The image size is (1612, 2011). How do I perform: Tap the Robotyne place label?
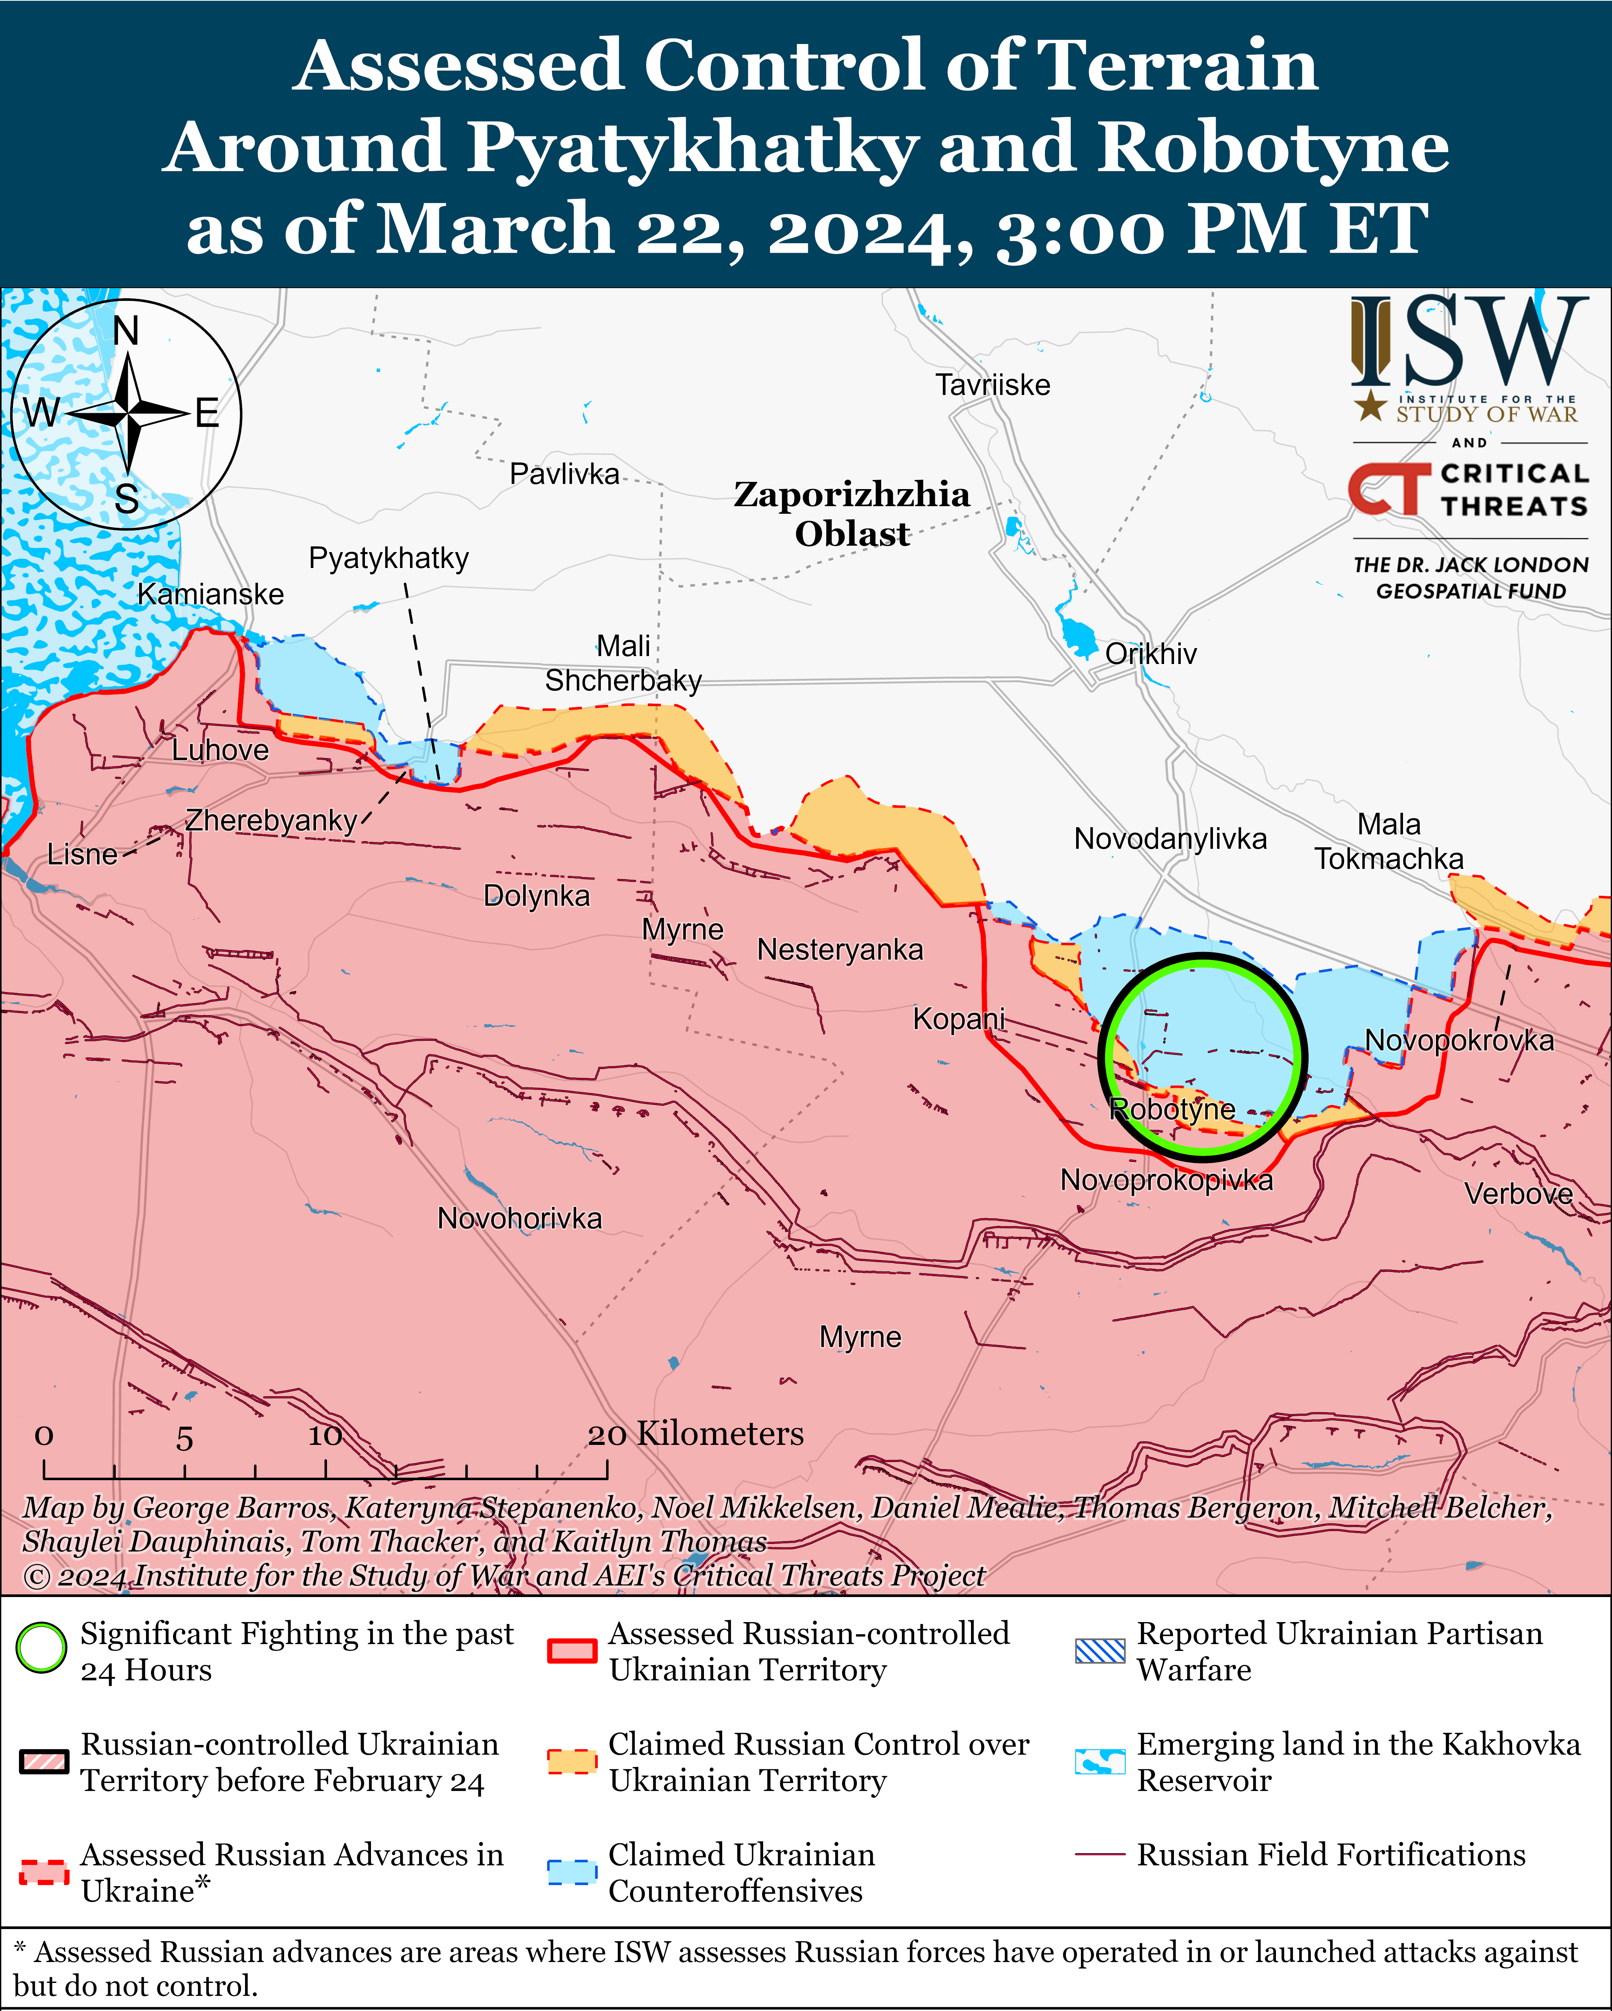pyautogui.click(x=1172, y=1109)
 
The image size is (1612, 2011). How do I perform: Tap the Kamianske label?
pyautogui.click(x=211, y=594)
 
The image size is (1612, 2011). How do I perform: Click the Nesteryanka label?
pyautogui.click(x=839, y=950)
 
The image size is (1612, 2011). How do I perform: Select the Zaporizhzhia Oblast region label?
pyautogui.click(x=851, y=514)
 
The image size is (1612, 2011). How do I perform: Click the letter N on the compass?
pyautogui.click(x=126, y=331)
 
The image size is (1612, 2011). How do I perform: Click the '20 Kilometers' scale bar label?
pyautogui.click(x=696, y=1434)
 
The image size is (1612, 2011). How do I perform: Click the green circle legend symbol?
pyautogui.click(x=41, y=1648)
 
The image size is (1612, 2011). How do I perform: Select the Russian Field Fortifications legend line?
pyautogui.click(x=1100, y=1854)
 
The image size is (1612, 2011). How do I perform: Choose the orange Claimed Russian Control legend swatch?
pyautogui.click(x=572, y=1761)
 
